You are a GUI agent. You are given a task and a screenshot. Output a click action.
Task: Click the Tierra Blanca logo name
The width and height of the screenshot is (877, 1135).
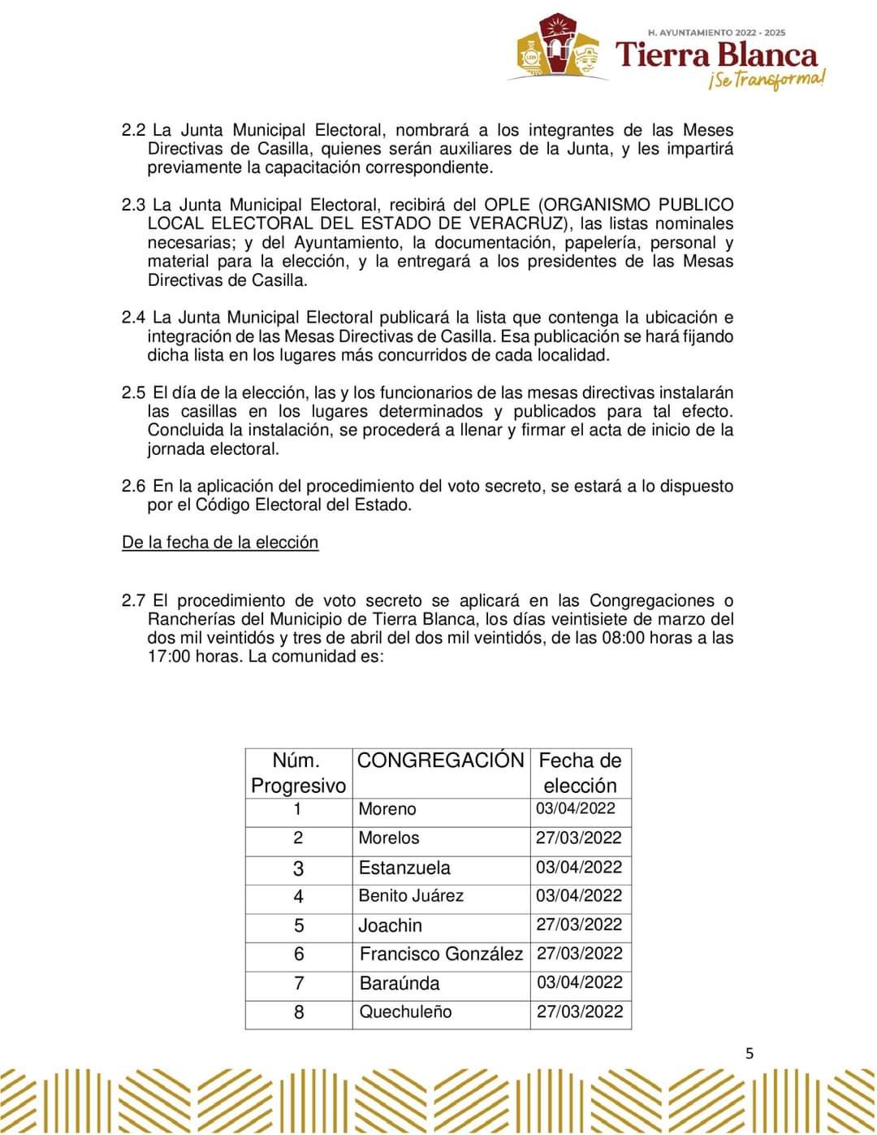[717, 55]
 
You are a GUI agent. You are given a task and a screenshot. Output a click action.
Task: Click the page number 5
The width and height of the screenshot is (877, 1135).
[750, 1054]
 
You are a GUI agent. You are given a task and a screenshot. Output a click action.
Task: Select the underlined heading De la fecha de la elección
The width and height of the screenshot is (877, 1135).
[220, 543]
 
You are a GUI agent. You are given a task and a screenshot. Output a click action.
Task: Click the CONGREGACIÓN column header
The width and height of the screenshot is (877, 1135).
[441, 760]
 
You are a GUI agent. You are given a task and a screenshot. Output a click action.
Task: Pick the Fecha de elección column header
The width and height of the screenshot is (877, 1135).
[580, 773]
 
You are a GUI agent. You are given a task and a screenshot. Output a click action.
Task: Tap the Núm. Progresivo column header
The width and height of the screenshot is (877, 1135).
[298, 773]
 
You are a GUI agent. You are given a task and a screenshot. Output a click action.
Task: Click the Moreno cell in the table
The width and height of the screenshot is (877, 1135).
[387, 809]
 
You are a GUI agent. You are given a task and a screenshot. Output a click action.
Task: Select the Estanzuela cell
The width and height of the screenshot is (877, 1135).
[404, 868]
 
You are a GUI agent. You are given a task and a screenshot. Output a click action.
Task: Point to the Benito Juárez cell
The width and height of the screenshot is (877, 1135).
[411, 896]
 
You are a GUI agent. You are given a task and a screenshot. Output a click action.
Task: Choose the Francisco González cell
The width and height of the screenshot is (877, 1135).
[441, 955]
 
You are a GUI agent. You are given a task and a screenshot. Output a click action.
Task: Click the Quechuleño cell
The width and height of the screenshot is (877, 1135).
[405, 1012]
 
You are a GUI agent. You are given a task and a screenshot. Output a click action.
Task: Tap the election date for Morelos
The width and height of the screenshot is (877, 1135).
[579, 838]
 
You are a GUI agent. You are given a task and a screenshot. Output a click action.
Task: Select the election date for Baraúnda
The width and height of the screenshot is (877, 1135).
[580, 983]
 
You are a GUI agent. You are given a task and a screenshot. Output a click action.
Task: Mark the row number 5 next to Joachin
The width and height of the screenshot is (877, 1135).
[299, 926]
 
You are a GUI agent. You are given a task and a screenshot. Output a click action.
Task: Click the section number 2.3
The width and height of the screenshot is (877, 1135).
[133, 205]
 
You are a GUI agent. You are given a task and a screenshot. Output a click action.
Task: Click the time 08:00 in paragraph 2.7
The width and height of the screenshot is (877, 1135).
[624, 638]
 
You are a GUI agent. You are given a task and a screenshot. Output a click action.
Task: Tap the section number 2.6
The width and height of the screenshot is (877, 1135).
[134, 487]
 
